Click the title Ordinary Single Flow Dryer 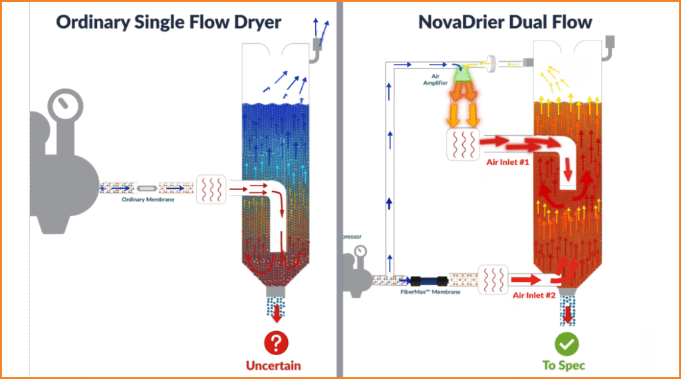coord(168,22)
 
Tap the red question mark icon coord(275,342)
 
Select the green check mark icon coord(567,343)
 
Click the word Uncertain coord(273,365)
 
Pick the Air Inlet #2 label coord(533,295)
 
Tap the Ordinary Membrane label coord(148,199)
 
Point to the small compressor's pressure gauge coord(360,251)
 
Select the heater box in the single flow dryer coord(212,189)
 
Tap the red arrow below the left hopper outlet coord(275,314)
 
